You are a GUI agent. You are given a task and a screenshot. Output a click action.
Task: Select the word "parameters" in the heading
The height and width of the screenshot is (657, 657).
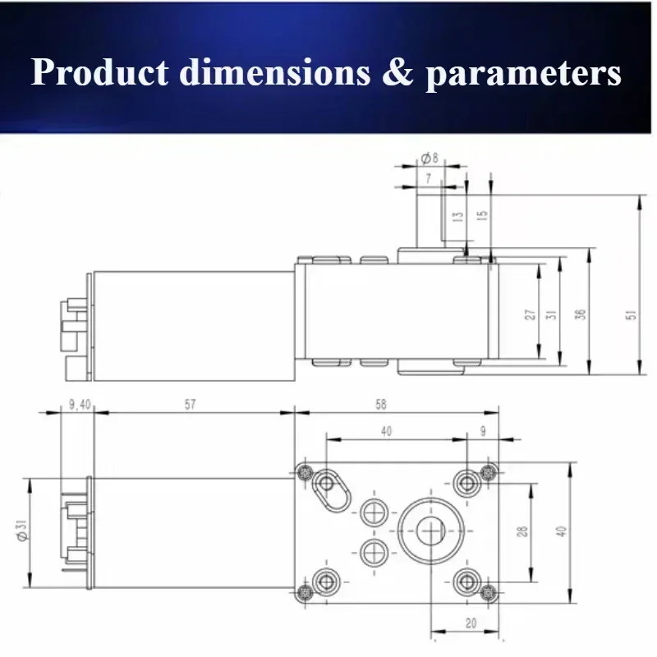click(x=524, y=73)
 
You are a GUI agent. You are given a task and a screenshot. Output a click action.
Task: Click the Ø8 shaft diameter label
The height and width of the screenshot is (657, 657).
click(x=429, y=158)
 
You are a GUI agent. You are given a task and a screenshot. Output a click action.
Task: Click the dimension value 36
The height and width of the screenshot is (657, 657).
click(x=580, y=315)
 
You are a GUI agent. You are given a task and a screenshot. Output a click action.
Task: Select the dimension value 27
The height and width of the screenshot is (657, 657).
click(x=531, y=315)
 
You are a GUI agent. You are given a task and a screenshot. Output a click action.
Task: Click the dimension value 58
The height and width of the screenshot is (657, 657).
click(x=379, y=405)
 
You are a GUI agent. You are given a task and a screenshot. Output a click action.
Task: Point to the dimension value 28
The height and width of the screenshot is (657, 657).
click(x=522, y=531)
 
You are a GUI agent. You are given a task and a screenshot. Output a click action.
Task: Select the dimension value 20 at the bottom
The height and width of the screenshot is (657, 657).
click(x=471, y=624)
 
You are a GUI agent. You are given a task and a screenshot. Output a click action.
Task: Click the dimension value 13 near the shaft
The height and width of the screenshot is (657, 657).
click(x=457, y=217)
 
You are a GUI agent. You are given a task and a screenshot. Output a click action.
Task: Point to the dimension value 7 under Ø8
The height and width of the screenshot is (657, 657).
click(x=428, y=177)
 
